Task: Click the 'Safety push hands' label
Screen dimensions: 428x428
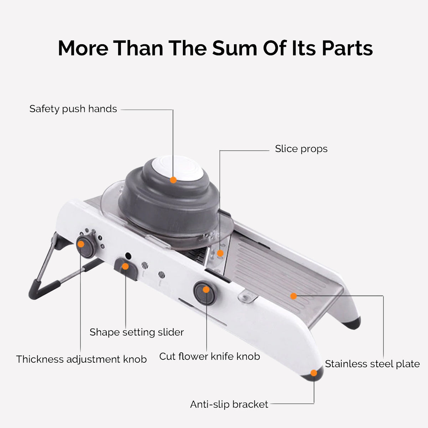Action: (x=73, y=109)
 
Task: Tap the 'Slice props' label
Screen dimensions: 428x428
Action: (x=301, y=149)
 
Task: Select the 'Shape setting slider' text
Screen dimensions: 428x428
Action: (x=137, y=332)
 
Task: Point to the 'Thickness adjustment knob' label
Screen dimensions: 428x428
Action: (x=81, y=359)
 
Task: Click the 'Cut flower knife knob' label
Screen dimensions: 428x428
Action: (x=209, y=356)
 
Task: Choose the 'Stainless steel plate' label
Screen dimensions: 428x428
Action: (x=372, y=364)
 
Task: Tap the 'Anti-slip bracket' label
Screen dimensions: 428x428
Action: (x=229, y=404)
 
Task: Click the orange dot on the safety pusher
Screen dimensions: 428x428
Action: (x=173, y=180)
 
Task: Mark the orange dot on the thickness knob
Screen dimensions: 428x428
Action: (x=81, y=244)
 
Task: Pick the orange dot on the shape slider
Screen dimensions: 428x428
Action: (x=125, y=266)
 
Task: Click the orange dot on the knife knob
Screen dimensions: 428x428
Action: (x=206, y=290)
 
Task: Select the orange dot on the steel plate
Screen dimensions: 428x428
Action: (x=293, y=296)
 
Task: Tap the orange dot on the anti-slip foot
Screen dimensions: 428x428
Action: (x=314, y=373)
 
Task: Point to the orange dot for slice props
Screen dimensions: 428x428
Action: (x=220, y=253)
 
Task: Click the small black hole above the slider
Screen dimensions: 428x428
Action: (x=128, y=256)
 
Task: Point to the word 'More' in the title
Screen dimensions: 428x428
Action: (x=83, y=48)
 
